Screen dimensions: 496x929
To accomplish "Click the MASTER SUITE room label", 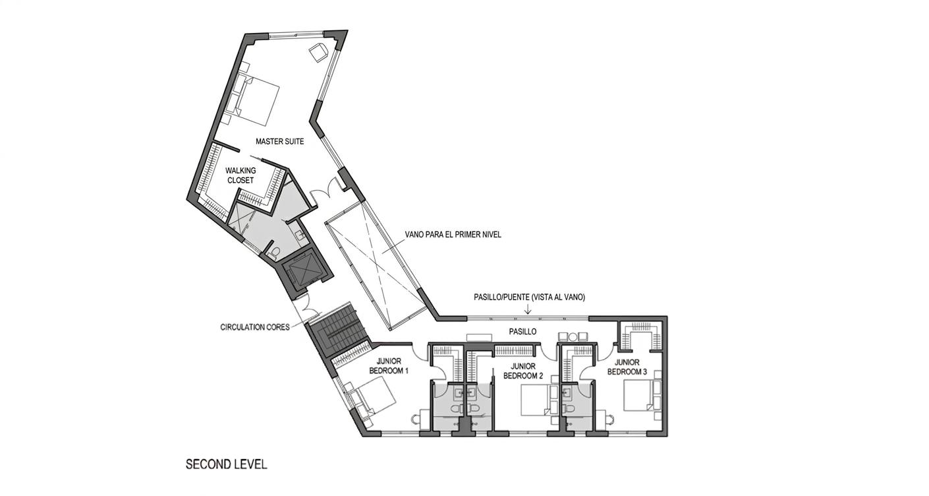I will click(x=279, y=141).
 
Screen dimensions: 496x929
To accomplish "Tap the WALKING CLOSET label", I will click(x=240, y=175).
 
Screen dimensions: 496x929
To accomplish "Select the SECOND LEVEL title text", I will click(x=226, y=464).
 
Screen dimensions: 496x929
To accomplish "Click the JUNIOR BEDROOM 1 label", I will click(x=393, y=366).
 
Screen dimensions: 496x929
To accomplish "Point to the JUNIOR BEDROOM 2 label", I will click(x=522, y=371).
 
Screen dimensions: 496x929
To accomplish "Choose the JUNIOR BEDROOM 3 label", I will click(x=627, y=367).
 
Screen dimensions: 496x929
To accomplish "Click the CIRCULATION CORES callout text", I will click(x=254, y=327).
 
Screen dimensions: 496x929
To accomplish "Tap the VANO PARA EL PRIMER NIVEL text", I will click(x=453, y=234).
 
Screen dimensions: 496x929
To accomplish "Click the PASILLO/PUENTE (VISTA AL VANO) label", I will click(x=529, y=297).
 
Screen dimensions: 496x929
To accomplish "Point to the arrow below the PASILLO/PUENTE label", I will click(x=528, y=309).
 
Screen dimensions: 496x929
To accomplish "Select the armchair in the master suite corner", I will click(x=319, y=52).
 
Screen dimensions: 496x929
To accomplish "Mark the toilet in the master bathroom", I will click(x=275, y=251).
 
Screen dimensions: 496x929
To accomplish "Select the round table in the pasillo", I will click(x=572, y=337).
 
